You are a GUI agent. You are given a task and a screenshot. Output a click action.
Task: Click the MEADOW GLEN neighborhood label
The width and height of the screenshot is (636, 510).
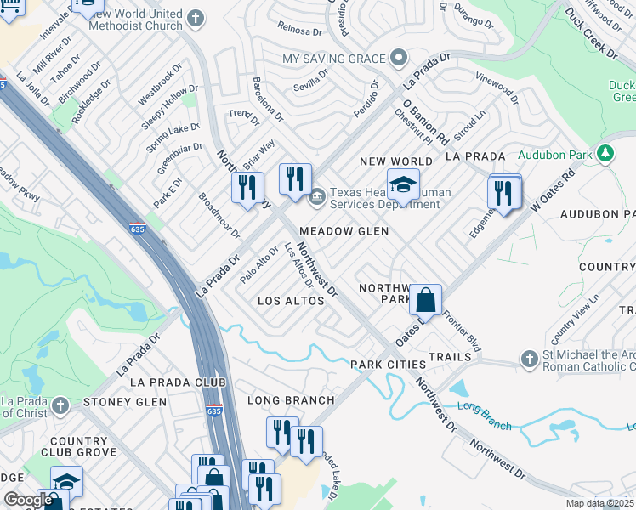(344, 231)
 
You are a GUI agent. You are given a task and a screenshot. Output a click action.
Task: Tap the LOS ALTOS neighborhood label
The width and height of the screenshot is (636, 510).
(291, 301)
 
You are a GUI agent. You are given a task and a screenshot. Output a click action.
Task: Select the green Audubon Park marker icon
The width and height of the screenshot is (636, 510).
(605, 154)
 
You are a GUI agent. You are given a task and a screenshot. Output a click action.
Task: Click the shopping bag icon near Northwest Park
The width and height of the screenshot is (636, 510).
(425, 300)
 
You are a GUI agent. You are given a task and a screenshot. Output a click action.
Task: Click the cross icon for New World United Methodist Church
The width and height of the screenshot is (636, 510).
(196, 18)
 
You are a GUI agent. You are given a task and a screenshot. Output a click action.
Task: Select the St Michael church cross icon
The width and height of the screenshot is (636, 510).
(530, 358)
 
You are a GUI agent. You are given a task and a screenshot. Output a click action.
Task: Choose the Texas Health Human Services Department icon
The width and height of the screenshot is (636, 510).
(318, 198)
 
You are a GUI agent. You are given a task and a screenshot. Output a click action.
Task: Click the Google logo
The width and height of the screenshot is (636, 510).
(28, 500)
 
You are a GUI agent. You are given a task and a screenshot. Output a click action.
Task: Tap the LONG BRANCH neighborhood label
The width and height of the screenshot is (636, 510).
(291, 399)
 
